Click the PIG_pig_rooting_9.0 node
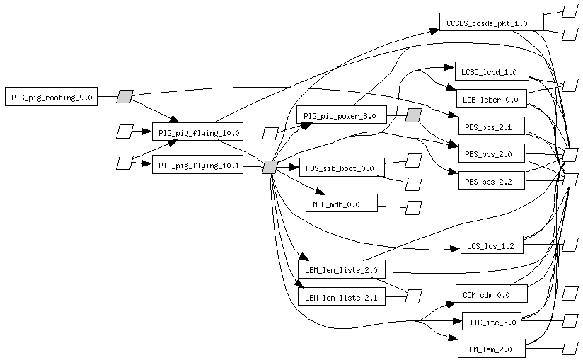point(52,97)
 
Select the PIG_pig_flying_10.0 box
point(199,132)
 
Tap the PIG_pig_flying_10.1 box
point(199,166)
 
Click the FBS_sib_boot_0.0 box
point(342,168)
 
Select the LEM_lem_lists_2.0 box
point(341,269)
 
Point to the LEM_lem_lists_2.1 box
point(341,298)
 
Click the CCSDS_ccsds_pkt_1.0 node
point(491,23)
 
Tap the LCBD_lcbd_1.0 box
point(490,71)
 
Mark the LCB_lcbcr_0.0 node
point(491,100)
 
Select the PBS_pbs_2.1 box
point(491,128)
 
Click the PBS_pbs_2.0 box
point(491,154)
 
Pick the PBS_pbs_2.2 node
point(491,182)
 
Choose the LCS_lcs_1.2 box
point(491,246)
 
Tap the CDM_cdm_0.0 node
point(491,294)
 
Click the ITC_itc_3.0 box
point(491,323)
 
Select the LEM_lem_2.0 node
point(491,349)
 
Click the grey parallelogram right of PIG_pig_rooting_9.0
point(125,96)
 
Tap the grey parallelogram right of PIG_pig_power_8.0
point(414,115)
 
